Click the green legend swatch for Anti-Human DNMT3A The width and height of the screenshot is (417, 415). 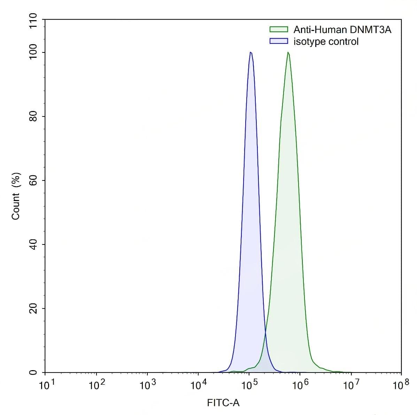279,30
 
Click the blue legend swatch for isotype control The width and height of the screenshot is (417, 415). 279,41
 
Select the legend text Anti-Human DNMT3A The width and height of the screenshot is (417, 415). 342,30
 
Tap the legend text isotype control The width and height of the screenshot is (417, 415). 326,41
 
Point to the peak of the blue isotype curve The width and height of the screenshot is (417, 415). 251,53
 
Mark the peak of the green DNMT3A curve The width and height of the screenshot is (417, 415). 288,53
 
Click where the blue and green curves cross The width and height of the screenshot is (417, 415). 265,334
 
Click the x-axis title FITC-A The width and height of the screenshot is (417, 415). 223,403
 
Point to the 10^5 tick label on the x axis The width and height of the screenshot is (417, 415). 249,384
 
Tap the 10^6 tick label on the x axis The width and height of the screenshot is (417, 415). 300,384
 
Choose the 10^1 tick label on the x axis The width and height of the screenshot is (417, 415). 46,384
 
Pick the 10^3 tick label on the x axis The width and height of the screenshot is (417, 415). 148,384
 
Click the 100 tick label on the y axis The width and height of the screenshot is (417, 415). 33,53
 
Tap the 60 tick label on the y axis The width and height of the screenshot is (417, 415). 33,181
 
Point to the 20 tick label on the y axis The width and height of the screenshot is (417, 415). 33,309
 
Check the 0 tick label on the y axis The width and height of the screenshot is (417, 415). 33,373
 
